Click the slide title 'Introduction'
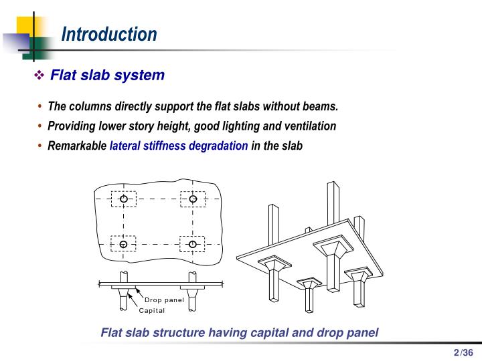(x=109, y=34)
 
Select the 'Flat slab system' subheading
(x=107, y=75)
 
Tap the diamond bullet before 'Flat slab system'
(x=39, y=76)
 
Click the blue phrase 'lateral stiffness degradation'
(x=179, y=146)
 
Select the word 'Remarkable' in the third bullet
(x=77, y=146)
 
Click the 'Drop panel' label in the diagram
(x=164, y=299)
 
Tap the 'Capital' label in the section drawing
(x=151, y=310)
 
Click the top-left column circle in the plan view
(x=124, y=199)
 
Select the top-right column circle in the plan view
(x=193, y=199)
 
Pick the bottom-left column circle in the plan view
(x=124, y=244)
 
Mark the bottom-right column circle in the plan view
(x=193, y=244)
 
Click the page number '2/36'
(x=463, y=353)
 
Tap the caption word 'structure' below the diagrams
(x=189, y=332)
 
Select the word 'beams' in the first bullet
(x=323, y=107)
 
